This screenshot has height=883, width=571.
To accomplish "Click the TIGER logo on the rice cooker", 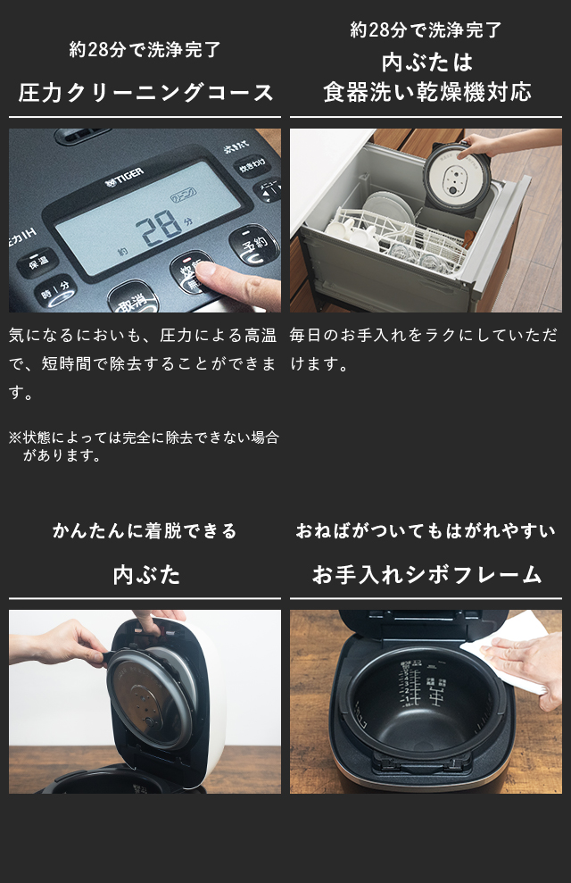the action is point(124,177).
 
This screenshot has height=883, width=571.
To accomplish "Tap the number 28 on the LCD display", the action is point(159,229).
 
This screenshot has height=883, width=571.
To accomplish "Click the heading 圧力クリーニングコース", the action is point(145,92).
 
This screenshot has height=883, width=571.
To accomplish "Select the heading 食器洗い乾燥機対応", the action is point(427,92).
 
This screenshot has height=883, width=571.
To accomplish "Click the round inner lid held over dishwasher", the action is point(458,176).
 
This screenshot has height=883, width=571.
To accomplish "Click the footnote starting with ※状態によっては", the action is point(144,446).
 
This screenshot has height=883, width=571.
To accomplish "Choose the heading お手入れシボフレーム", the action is point(426,574).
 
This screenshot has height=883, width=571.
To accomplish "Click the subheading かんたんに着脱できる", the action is point(145,530).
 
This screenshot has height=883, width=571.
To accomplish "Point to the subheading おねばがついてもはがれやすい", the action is point(426,530).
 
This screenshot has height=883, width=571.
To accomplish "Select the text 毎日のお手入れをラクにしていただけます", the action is point(424,349).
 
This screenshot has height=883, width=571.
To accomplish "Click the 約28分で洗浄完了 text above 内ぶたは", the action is point(426,29).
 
